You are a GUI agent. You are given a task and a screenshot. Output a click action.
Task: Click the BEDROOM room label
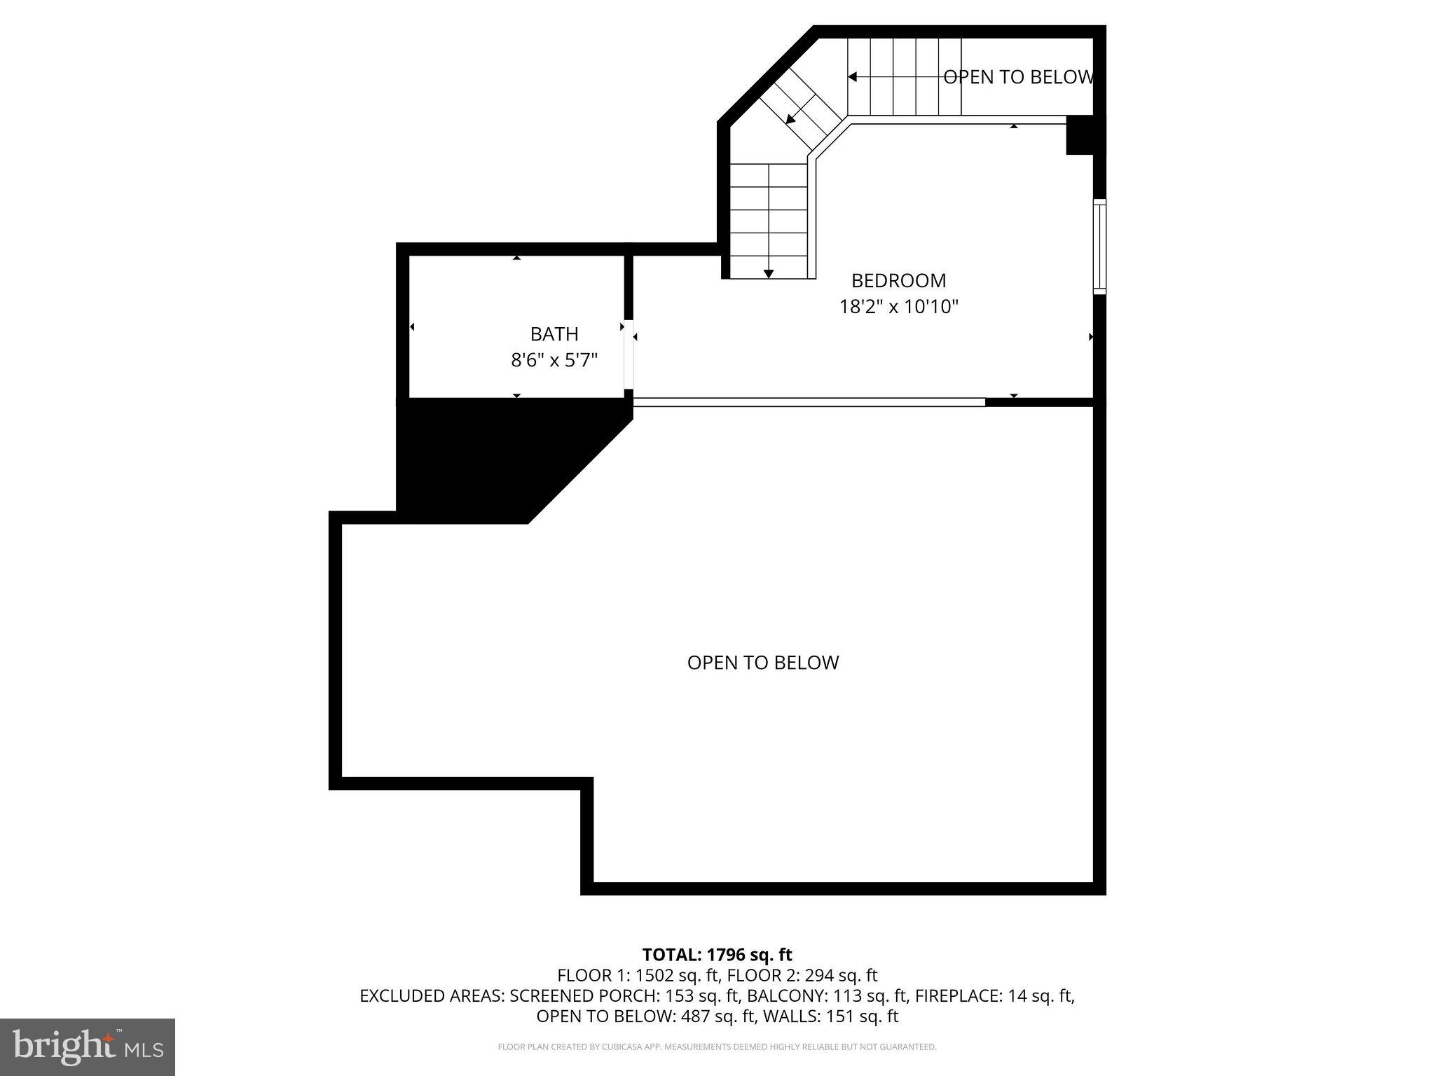898,281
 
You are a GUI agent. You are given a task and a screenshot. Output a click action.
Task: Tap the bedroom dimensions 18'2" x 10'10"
898,307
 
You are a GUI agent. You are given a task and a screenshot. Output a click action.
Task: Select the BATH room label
554,334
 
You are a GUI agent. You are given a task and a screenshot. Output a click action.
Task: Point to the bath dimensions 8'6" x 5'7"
554,361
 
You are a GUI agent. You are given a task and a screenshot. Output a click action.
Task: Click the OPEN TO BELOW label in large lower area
762,663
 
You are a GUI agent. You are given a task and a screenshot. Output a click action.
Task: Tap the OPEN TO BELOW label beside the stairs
1018,77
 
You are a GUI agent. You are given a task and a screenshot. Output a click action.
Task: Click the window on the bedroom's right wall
1099,246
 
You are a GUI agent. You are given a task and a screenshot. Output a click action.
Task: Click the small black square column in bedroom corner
1079,135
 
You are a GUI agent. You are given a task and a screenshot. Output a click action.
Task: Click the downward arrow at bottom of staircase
769,273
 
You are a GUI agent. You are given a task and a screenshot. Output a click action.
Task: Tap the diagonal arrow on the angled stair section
791,120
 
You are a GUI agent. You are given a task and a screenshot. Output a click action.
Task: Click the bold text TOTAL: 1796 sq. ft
717,955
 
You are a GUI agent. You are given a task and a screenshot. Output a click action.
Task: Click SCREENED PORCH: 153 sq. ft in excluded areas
624,995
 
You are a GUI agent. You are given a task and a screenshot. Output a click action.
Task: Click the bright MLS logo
88,1047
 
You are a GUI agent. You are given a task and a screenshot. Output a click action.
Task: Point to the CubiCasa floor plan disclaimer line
717,1047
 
